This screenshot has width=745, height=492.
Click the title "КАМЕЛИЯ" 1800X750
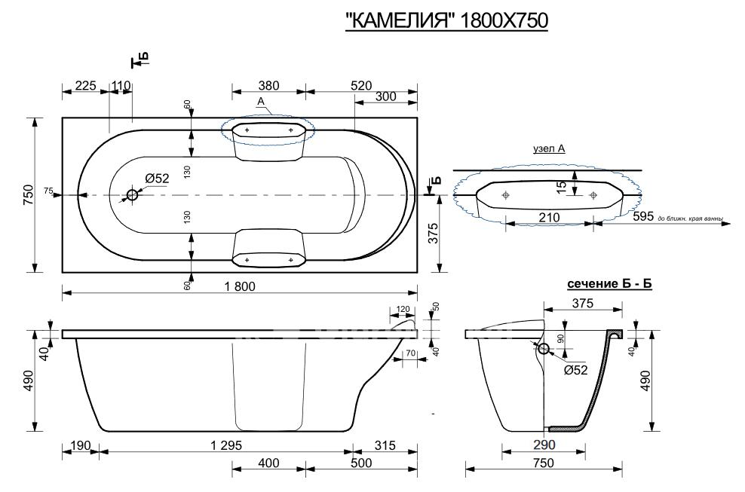446,21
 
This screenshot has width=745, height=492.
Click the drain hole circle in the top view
132,194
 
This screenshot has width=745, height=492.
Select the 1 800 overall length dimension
240,286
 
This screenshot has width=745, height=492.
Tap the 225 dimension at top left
85,85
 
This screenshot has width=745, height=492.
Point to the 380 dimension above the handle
268,85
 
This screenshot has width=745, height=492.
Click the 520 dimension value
361,85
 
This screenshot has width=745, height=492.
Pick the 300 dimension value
386,96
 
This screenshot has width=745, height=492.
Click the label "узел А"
549,148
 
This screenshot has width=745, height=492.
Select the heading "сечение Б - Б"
609,284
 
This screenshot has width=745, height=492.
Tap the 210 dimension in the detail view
549,217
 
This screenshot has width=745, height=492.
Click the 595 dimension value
644,216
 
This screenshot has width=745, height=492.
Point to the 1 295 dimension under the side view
227,445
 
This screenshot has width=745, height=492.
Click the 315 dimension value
385,445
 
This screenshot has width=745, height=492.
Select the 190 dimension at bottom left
80,445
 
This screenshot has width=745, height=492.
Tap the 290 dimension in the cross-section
544,445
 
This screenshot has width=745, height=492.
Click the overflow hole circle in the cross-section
544,350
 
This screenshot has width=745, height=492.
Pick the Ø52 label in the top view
158,178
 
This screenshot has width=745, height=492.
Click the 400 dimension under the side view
268,463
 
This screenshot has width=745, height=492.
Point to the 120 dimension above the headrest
403,309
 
